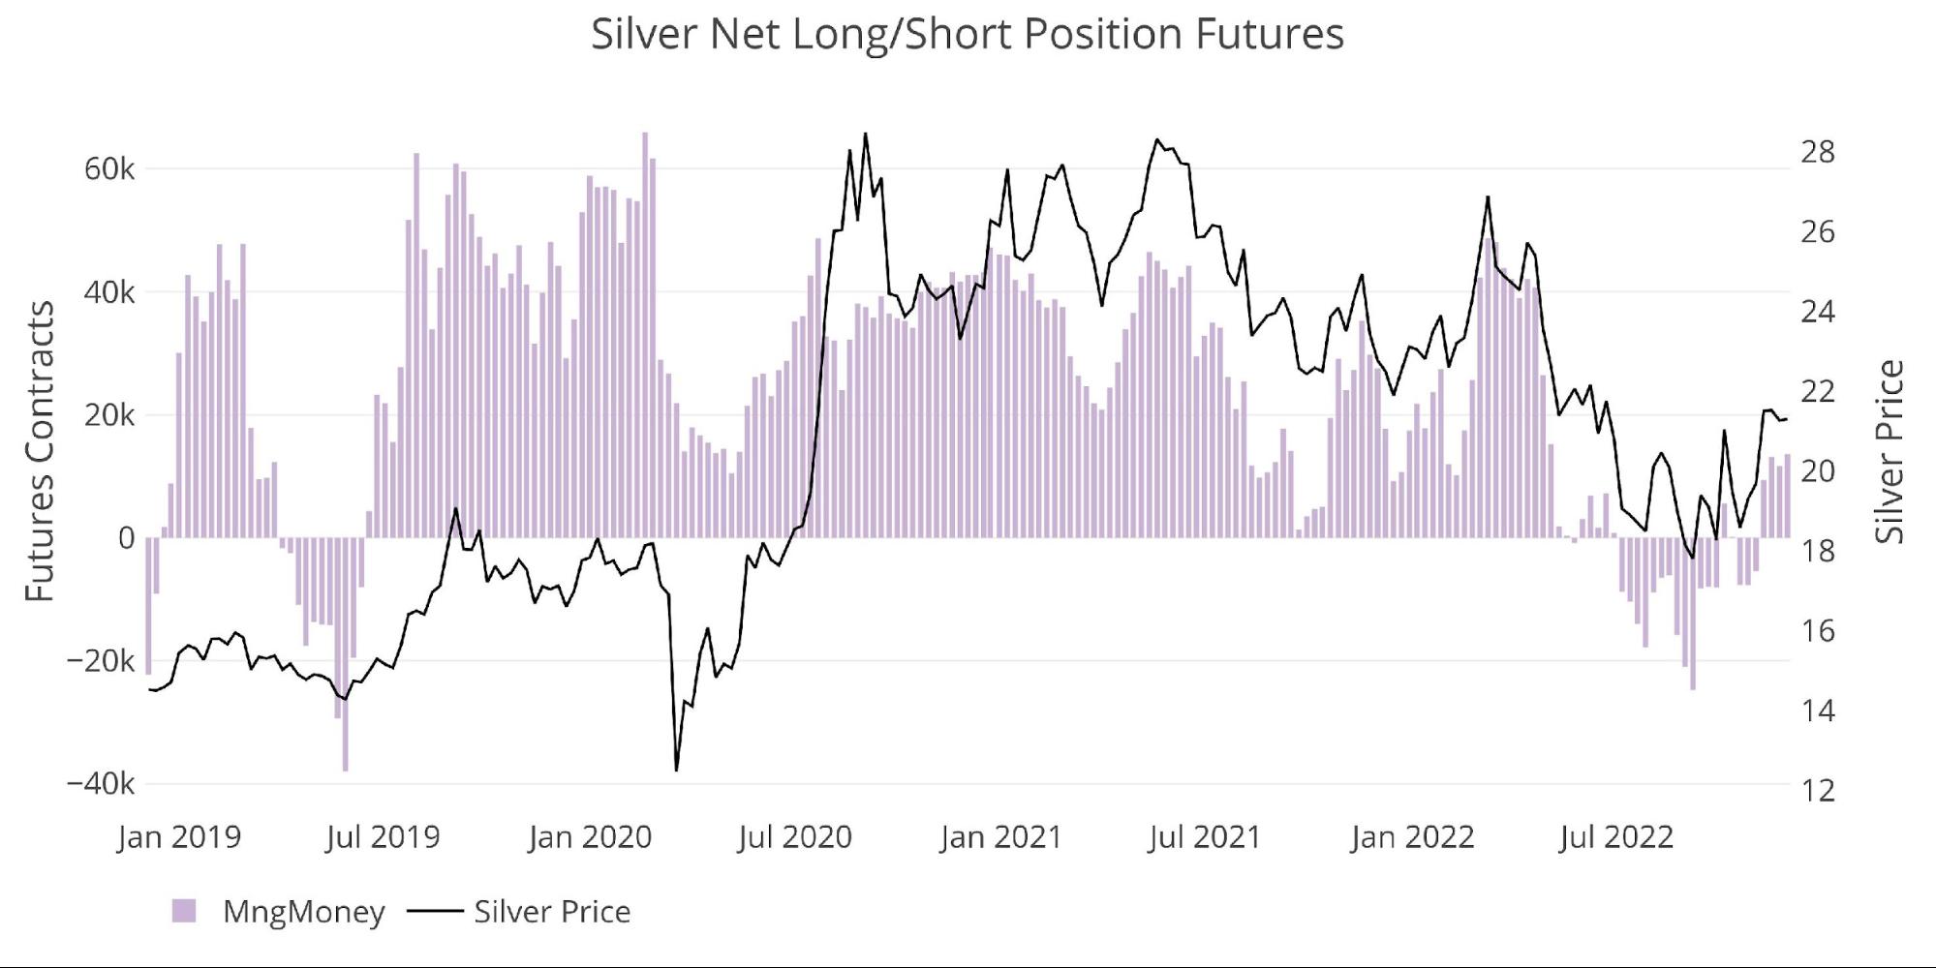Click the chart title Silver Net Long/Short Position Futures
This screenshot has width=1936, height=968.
[x=967, y=35]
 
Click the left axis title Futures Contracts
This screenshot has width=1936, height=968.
[x=39, y=451]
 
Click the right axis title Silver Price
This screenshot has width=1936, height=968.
[x=1890, y=451]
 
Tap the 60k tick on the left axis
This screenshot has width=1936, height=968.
[x=109, y=169]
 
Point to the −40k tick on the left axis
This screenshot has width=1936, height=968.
[x=101, y=783]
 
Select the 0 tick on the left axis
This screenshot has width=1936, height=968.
[x=126, y=538]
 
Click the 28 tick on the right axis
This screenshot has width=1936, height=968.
[x=1817, y=152]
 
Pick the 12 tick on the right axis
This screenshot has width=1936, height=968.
[x=1817, y=791]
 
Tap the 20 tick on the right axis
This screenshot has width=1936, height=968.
[x=1817, y=471]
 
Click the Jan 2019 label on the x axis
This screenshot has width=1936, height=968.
[x=179, y=836]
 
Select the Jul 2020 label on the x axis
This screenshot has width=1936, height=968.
[x=794, y=836]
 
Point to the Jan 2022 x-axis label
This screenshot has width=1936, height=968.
[x=1412, y=836]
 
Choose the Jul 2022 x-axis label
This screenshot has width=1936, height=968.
[x=1615, y=836]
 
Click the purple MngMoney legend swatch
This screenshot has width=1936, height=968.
[x=184, y=911]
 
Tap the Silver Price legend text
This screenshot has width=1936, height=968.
[x=552, y=911]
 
